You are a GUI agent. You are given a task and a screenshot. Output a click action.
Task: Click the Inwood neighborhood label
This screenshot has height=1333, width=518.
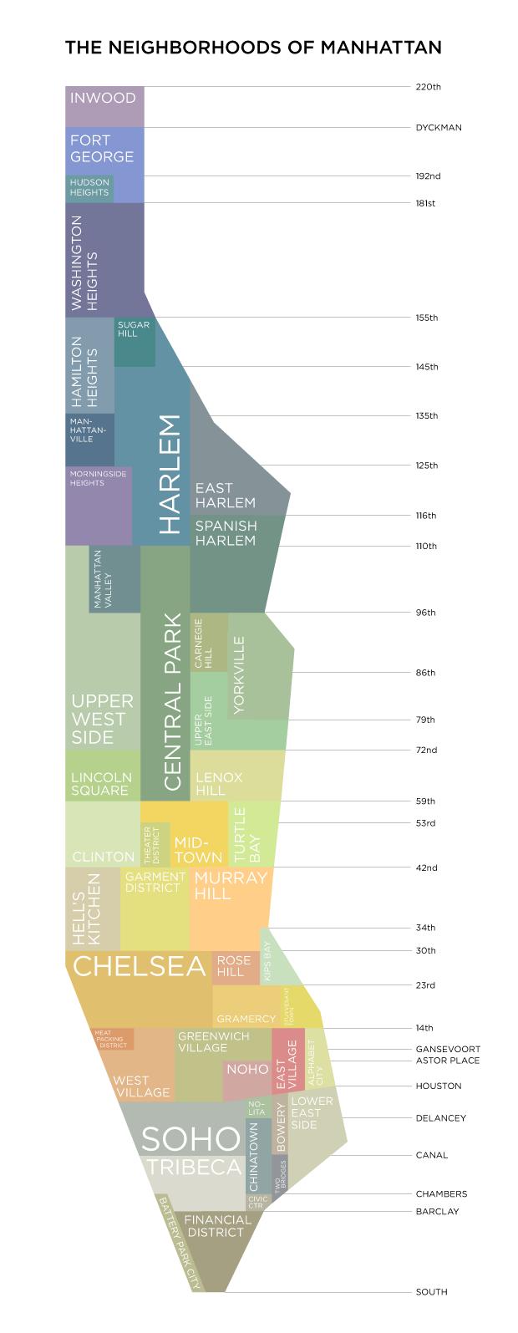103,98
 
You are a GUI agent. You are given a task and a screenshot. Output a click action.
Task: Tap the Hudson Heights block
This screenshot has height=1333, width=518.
89,188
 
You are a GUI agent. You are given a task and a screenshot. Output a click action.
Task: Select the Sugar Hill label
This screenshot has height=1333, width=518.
134,328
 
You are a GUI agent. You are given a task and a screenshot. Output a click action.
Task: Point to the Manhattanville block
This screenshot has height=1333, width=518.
89,430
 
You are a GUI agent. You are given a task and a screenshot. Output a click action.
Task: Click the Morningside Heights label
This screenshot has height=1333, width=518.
99,478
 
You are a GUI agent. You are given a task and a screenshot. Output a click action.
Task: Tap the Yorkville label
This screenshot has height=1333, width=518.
239,675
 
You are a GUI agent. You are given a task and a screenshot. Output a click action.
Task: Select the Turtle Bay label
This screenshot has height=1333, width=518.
247,835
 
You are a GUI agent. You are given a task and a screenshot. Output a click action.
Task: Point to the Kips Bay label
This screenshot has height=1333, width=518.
268,961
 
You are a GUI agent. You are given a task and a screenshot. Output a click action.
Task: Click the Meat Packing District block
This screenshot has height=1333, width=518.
112,1039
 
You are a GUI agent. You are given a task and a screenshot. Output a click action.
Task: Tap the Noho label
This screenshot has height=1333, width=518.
247,1069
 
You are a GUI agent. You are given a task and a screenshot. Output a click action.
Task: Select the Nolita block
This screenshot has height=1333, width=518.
256,1108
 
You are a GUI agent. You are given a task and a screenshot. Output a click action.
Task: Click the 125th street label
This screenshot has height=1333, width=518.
427,466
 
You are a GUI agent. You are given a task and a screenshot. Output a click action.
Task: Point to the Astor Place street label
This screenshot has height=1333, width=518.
447,1061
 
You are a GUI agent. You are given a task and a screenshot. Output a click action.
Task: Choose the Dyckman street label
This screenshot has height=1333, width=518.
438,128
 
